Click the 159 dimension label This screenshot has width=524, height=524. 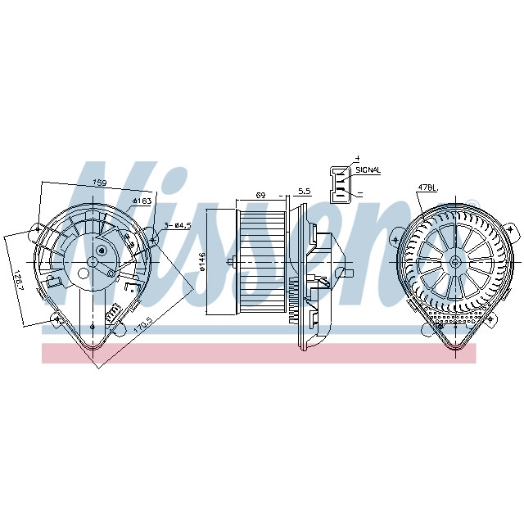click(99, 183)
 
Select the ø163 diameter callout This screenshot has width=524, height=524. click(142, 201)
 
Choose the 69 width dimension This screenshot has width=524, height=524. click(261, 195)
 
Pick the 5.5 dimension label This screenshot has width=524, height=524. click(304, 191)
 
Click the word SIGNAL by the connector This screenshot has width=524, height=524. click(368, 169)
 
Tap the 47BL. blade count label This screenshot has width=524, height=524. click(427, 187)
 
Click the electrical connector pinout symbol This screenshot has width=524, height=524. click(339, 184)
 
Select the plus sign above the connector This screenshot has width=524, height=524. click(357, 157)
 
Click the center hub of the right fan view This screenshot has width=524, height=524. click(454, 261)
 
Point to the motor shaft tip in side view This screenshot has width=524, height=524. click(234, 262)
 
